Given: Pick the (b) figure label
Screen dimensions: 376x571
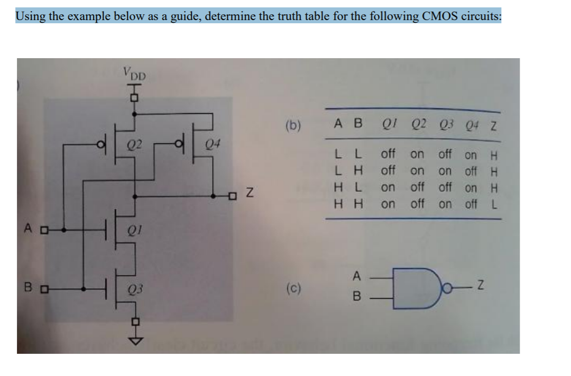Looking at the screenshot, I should point(293,126).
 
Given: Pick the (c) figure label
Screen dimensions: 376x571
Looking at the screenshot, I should point(293,290).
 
